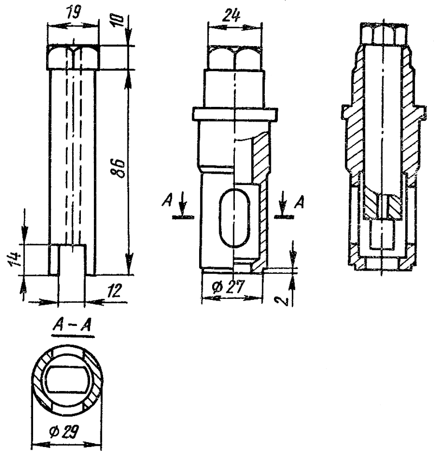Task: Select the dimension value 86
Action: click(118, 169)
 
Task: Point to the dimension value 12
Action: click(114, 291)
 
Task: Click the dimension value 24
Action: click(231, 15)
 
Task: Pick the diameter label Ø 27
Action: click(228, 287)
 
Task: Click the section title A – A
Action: click(72, 326)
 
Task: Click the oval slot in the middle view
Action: click(234, 218)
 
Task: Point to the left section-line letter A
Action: click(167, 200)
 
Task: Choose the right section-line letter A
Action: click(299, 202)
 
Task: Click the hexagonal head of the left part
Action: click(74, 57)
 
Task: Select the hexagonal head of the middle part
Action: click(235, 58)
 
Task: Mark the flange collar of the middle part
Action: click(235, 114)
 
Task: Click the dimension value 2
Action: click(284, 302)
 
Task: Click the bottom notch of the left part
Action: click(72, 260)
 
